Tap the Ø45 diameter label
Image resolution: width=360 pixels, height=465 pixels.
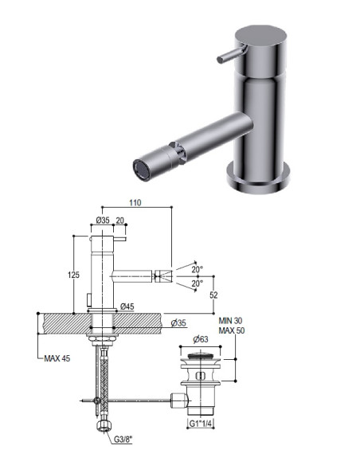(x=127, y=307)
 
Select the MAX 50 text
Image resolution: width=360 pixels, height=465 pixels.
(x=232, y=330)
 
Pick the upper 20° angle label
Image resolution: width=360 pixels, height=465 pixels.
(x=198, y=268)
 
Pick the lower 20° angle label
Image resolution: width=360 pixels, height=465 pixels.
(x=198, y=283)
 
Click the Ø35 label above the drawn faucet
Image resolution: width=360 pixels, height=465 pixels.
(x=102, y=221)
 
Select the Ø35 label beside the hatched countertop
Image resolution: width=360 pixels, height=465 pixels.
(x=179, y=322)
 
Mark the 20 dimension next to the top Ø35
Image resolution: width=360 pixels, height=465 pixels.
(x=119, y=221)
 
